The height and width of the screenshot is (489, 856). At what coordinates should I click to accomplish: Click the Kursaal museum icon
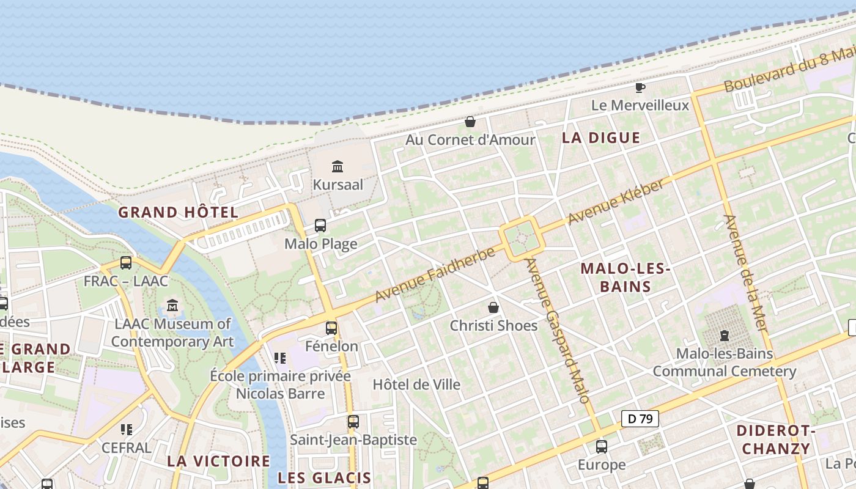(337, 166)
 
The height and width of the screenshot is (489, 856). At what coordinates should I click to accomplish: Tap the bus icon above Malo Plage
(320, 226)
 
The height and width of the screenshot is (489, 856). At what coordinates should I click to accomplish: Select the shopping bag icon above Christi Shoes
(493, 307)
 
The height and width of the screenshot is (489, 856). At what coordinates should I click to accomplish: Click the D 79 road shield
(640, 419)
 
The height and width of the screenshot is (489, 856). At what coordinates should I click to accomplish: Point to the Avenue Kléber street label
(616, 202)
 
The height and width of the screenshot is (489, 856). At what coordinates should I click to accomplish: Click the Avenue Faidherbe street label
(435, 274)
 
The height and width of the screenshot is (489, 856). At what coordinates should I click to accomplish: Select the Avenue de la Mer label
(745, 273)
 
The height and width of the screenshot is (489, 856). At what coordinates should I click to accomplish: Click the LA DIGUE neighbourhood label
(601, 138)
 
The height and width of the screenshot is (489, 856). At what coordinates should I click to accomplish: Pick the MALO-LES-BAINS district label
(625, 278)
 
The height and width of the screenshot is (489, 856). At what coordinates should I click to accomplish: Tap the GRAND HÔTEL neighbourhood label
(178, 213)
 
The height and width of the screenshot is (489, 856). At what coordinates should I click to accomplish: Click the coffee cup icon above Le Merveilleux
(640, 88)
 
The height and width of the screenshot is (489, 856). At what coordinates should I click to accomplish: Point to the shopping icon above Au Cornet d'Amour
(470, 122)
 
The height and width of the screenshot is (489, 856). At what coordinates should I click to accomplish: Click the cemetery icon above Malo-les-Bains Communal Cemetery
(725, 335)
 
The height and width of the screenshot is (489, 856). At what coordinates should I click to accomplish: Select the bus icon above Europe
(602, 447)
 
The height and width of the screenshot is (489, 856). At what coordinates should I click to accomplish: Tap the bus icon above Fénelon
(331, 328)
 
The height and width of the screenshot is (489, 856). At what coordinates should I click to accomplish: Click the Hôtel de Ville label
(416, 385)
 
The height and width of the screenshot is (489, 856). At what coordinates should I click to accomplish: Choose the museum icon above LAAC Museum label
(172, 305)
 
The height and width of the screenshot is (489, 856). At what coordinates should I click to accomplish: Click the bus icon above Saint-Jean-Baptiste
(353, 422)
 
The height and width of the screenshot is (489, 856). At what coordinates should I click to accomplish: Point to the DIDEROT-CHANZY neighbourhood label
(776, 439)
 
